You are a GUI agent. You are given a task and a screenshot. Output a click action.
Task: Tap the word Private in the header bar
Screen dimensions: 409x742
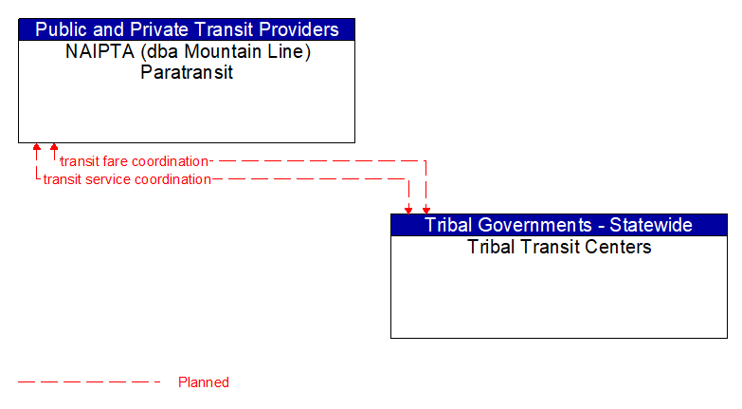pos(166,29)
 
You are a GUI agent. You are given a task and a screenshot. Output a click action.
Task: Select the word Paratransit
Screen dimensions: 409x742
pos(187,72)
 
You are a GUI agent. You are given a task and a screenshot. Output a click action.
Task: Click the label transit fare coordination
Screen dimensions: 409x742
pos(134,161)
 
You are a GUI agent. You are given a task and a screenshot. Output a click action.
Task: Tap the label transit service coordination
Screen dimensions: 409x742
pos(127,179)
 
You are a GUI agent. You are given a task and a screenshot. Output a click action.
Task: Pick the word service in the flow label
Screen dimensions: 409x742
pos(106,179)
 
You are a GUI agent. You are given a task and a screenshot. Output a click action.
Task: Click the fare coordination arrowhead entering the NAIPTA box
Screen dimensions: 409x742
pos(54,148)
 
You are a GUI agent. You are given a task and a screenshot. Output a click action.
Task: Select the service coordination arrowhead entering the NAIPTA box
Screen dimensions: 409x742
pos(36,148)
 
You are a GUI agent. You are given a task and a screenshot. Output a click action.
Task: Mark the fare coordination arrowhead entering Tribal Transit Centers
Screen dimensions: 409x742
pos(426,209)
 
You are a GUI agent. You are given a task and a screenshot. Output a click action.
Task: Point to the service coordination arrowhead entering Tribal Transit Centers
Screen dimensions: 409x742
pos(408,209)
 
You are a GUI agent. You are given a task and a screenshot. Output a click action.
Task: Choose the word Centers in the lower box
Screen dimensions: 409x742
pos(620,247)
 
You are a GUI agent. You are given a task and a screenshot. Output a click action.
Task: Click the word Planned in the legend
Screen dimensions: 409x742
pos(204,382)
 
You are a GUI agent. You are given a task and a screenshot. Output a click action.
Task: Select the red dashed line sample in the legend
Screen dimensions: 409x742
pos(89,382)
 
